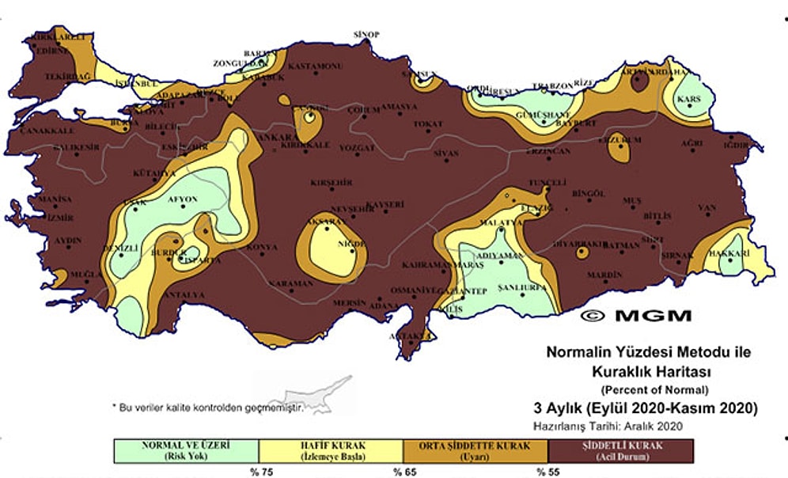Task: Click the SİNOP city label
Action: pyautogui.click(x=366, y=34)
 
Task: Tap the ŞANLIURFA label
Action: pyautogui.click(x=519, y=287)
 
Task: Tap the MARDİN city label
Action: pyautogui.click(x=603, y=275)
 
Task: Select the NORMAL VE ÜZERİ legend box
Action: pyautogui.click(x=185, y=450)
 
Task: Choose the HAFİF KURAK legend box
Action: pyautogui.click(x=330, y=450)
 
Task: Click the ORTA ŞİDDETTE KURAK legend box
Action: pyautogui.click(x=475, y=450)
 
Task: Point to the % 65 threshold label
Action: pyautogui.click(x=402, y=472)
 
